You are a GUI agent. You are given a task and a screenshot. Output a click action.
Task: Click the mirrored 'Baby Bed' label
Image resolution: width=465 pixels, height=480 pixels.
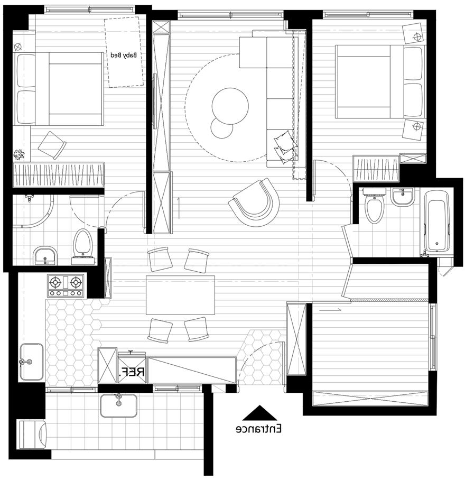[123, 55]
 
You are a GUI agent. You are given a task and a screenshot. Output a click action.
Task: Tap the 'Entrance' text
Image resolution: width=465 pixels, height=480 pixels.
[259, 429]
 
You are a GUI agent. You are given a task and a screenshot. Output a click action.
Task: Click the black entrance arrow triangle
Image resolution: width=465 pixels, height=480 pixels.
[260, 413]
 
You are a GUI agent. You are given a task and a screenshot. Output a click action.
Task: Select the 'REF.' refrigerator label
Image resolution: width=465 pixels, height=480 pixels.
[132, 372]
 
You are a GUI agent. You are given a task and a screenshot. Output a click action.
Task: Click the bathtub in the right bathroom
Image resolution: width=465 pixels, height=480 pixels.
[437, 221]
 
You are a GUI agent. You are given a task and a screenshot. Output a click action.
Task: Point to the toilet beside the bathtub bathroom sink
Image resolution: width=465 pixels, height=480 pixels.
[374, 206]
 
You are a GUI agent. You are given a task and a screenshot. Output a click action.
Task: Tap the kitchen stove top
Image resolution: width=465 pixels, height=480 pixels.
[65, 285]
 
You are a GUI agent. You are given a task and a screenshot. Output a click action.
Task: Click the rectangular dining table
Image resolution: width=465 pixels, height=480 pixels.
[180, 295]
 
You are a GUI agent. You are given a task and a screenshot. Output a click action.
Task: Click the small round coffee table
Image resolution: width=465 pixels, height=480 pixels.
[222, 128]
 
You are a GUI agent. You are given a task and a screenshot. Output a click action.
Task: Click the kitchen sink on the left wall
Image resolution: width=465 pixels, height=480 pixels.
[31, 362]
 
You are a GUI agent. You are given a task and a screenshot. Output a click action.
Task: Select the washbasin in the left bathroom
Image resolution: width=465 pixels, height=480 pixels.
[45, 255]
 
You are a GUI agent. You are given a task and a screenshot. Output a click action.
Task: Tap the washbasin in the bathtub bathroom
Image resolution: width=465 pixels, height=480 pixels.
[403, 197]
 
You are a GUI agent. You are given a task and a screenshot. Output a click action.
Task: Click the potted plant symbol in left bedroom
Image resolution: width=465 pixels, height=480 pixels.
[19, 154]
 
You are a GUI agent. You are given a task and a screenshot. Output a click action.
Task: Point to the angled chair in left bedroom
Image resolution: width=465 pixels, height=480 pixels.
[52, 145]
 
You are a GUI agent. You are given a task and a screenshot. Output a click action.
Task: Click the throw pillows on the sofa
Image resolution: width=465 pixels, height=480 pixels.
[285, 146]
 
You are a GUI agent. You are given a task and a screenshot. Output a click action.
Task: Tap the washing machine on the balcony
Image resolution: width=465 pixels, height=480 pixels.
[32, 434]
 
